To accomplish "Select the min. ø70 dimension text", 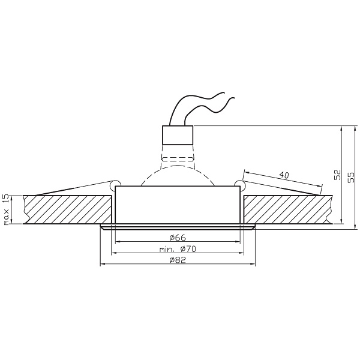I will (x=179, y=248).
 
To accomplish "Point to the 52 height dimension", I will (x=336, y=175).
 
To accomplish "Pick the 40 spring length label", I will (x=284, y=175).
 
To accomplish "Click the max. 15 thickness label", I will (x=7, y=209).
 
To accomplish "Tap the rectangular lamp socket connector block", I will (x=178, y=136).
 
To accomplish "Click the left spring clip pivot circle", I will (x=116, y=182).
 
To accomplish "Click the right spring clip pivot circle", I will (x=240, y=182).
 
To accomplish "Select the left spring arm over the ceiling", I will (x=72, y=188).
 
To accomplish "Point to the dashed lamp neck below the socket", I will (x=178, y=159).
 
